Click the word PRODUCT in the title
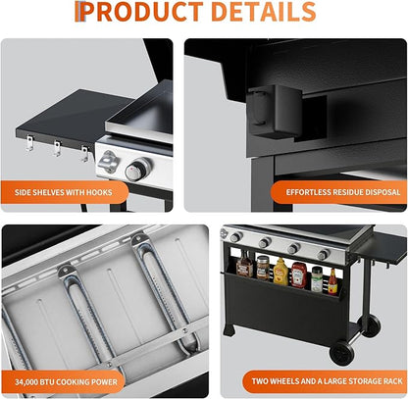143,12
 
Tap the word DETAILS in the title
264,12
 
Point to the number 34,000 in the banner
26,381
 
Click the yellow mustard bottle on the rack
280,272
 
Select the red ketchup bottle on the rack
299,274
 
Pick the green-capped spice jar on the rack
317,278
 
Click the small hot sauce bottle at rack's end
332,281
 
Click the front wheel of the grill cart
341,353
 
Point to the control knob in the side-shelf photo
137,170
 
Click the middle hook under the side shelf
58,148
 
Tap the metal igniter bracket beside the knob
108,162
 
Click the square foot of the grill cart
229,330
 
